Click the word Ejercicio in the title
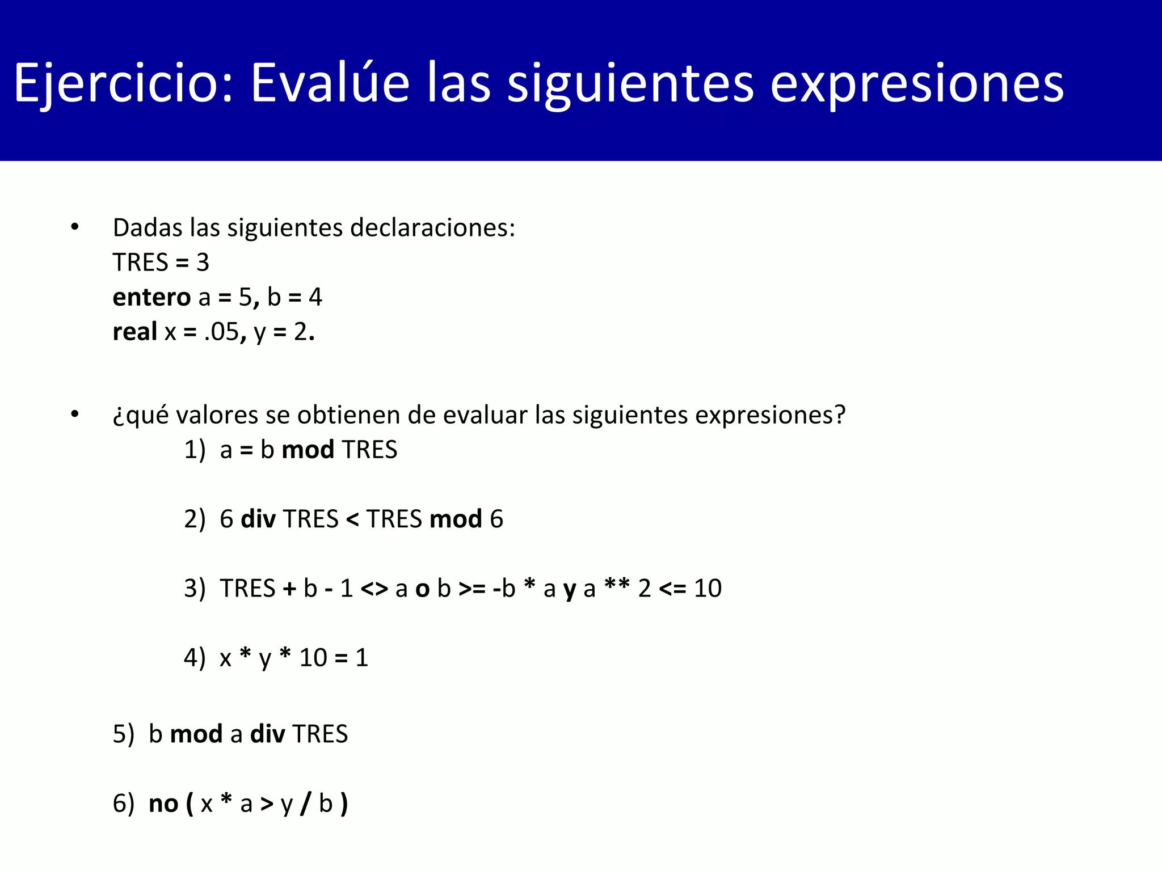tap(122, 83)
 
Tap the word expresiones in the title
tap(916, 83)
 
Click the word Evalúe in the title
tap(330, 83)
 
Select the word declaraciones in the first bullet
tap(432, 228)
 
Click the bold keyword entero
tap(151, 297)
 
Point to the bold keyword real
tap(135, 332)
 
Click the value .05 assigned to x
tap(222, 332)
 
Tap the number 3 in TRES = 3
tap(203, 263)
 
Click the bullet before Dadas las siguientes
tap(75, 227)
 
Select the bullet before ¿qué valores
tap(75, 415)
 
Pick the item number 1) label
tap(195, 450)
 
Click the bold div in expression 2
tap(258, 519)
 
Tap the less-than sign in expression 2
tap(352, 519)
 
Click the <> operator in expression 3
tap(374, 589)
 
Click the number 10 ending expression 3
tap(708, 589)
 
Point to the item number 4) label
tap(195, 658)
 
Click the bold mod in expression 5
tap(196, 734)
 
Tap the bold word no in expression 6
tap(163, 804)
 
